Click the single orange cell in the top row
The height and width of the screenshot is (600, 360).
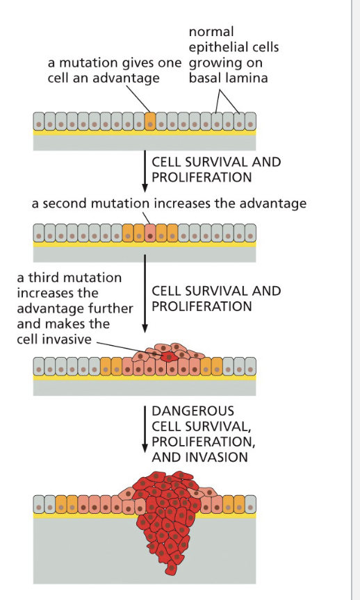click(x=150, y=122)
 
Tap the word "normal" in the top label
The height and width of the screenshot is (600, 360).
click(x=211, y=31)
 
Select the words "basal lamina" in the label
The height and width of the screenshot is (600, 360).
click(x=228, y=78)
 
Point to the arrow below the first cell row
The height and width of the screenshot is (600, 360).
click(x=145, y=171)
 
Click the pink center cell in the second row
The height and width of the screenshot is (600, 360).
click(x=150, y=233)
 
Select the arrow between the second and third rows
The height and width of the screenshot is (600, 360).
click(x=145, y=294)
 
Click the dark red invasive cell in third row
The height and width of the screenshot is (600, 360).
click(x=168, y=357)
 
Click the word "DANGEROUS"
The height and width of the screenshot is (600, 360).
click(x=193, y=411)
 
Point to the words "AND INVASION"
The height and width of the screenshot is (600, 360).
click(x=199, y=457)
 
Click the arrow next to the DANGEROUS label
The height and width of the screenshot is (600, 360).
click(x=145, y=429)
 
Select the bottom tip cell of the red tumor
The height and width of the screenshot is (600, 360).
click(x=171, y=568)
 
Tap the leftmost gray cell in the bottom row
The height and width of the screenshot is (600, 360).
click(x=39, y=504)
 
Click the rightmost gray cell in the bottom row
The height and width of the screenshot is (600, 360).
click(x=250, y=504)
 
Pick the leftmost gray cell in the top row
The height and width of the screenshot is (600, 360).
click(x=39, y=122)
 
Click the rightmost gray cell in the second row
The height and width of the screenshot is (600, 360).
click(x=250, y=233)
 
